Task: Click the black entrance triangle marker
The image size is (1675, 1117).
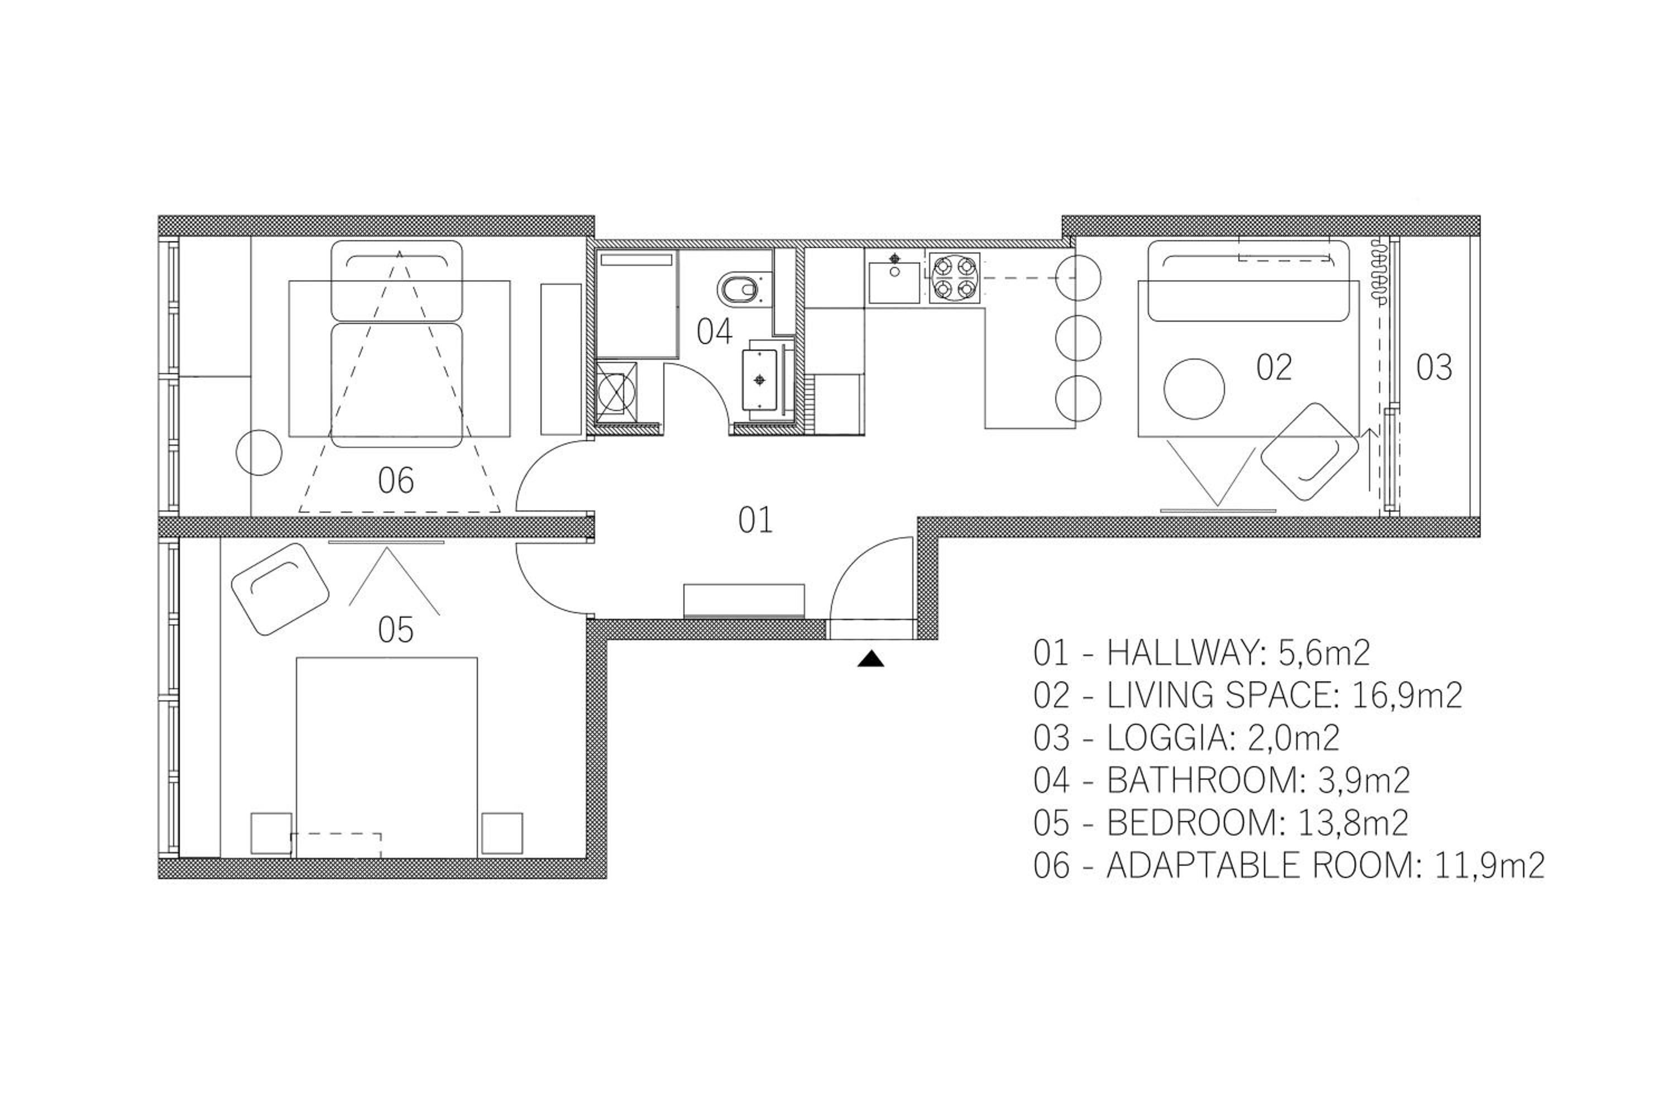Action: coord(870,659)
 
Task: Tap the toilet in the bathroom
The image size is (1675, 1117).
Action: coord(741,289)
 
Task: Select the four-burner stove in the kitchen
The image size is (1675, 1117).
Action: coord(954,278)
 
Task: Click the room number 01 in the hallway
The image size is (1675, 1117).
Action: coord(755,521)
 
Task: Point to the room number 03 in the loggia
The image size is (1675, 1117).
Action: coord(1434,367)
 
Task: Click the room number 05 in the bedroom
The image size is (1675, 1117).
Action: coord(395,630)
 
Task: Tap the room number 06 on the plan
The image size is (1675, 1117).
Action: coord(395,481)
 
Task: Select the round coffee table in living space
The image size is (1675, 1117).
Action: coord(1194,389)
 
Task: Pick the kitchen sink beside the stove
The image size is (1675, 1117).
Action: coord(894,278)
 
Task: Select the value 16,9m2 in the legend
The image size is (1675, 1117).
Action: coord(1406,695)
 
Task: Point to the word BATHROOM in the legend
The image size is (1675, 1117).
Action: coord(1204,781)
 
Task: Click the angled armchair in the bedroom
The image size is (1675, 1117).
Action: coord(280,589)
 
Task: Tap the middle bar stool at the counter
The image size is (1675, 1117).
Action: coord(1078,338)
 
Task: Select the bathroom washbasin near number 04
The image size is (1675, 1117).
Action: coord(760,379)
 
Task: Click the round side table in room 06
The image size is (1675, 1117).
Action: coord(259,452)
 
